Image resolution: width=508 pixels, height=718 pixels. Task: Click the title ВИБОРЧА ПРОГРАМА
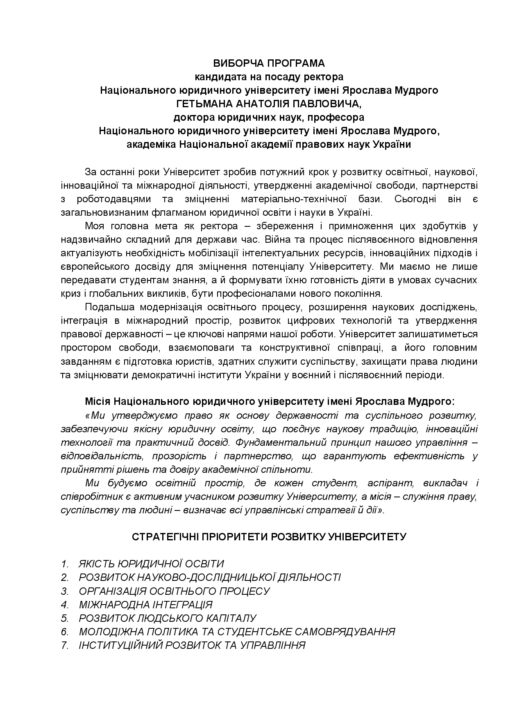pyautogui.click(x=269, y=63)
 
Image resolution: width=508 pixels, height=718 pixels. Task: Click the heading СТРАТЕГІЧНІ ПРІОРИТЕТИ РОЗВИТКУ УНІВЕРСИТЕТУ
pyautogui.click(x=269, y=537)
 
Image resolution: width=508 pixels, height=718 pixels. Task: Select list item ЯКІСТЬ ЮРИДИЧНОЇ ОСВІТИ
pyautogui.click(x=151, y=564)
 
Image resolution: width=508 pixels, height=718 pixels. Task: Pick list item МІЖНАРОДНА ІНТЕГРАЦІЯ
pyautogui.click(x=145, y=605)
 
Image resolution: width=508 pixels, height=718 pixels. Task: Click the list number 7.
pyautogui.click(x=64, y=646)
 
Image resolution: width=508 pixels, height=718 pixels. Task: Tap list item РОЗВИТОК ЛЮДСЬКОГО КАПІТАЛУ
pyautogui.click(x=167, y=618)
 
